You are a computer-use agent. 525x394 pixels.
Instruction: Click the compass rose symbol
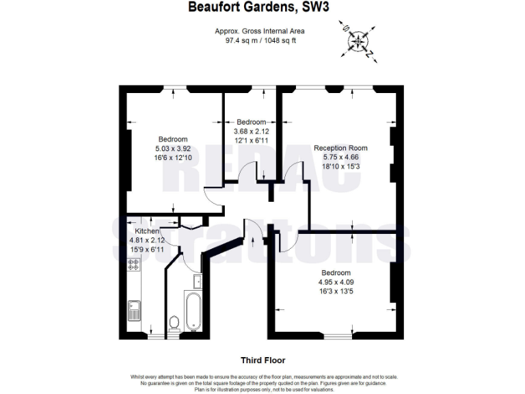pos(358,40)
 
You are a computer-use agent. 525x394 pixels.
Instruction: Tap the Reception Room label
pos(340,148)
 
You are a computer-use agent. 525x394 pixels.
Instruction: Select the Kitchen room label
pos(147,232)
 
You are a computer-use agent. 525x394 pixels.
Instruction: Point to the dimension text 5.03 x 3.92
pos(172,148)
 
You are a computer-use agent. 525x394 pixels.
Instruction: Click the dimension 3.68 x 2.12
pos(251,131)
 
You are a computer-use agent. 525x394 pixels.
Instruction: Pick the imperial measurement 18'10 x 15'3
pos(340,166)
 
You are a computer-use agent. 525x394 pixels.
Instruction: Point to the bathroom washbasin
pos(197,280)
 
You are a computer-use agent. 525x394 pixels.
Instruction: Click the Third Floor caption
pos(262,360)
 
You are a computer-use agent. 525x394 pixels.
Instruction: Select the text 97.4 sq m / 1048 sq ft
pos(259,40)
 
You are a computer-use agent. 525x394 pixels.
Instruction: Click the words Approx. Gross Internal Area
pos(259,31)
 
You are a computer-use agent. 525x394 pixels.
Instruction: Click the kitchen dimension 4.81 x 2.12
pos(147,241)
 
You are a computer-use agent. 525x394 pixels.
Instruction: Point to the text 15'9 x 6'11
pos(147,250)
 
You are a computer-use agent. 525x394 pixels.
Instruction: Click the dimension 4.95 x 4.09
pos(336,281)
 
